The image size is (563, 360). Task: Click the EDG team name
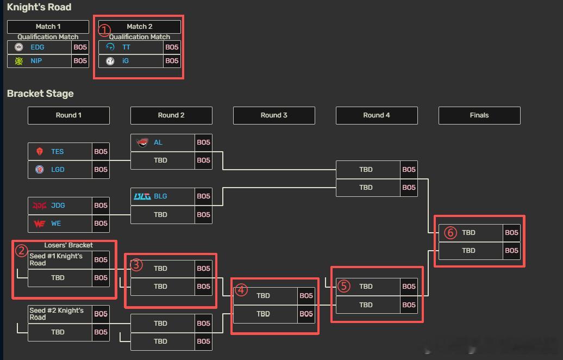click(x=37, y=47)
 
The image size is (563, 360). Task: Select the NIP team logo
click(x=18, y=61)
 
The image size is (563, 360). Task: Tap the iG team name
click(x=126, y=61)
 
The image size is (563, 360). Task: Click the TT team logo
click(x=110, y=47)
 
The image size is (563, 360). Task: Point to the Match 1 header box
click(x=48, y=27)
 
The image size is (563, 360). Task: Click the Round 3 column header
click(x=274, y=115)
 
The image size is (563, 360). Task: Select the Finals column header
click(x=479, y=115)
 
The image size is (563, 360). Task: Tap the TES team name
click(x=58, y=152)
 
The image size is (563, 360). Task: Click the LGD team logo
click(x=40, y=169)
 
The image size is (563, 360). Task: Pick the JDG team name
click(x=58, y=206)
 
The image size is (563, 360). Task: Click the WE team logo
click(x=40, y=224)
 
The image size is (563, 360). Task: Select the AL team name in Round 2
click(x=158, y=142)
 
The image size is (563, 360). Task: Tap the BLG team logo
click(x=142, y=196)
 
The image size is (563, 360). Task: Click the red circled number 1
click(x=104, y=30)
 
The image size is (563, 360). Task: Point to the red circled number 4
click(x=241, y=290)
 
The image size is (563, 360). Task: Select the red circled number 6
click(x=451, y=233)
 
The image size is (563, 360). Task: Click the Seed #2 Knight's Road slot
click(x=60, y=314)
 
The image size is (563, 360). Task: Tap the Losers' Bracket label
click(x=68, y=245)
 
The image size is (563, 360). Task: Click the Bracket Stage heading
click(x=40, y=94)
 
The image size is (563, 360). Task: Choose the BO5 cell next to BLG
click(x=204, y=196)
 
